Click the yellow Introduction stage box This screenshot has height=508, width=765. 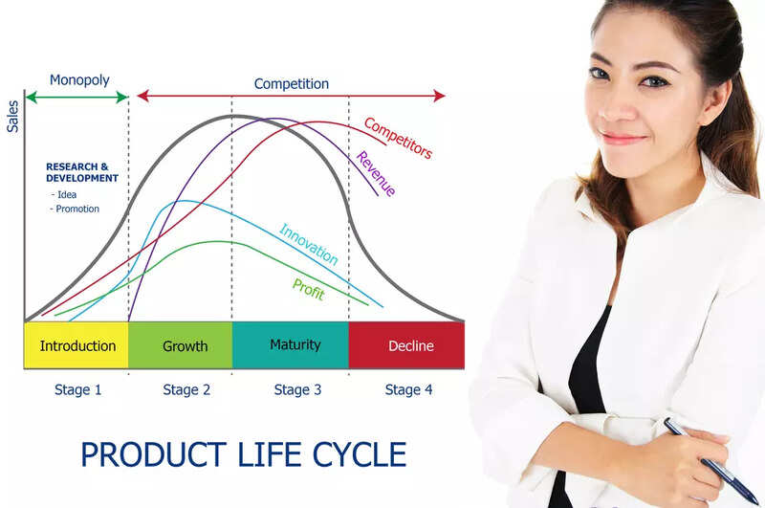point(76,345)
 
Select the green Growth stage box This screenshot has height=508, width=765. point(185,345)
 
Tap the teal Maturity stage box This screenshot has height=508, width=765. point(295,344)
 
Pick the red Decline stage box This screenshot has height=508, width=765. point(410,345)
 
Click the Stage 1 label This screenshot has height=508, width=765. point(77,389)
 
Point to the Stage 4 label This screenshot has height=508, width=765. point(408,389)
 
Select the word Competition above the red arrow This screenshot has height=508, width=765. point(291,84)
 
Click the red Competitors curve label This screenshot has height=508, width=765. point(398,138)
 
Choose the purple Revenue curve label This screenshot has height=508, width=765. point(375,173)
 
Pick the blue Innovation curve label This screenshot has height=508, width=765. point(308,244)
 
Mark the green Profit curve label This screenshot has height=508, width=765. point(308,288)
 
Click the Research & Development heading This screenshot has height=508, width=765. point(82,172)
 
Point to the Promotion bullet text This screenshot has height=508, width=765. point(76,209)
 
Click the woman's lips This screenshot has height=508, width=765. point(622,138)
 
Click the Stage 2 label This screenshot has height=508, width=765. point(186,389)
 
